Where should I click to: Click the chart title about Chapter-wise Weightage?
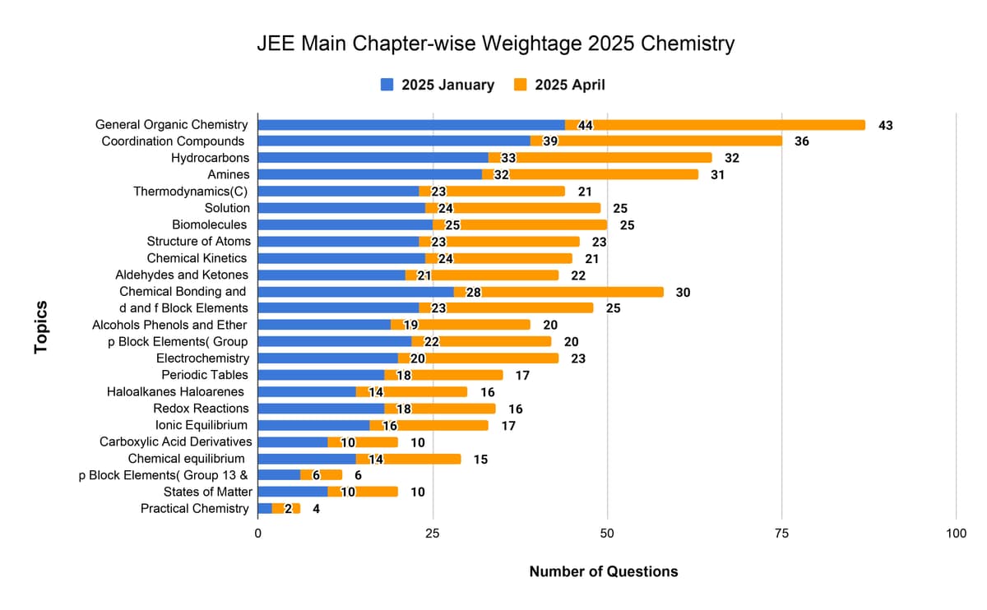[496, 44]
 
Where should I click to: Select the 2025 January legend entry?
[438, 85]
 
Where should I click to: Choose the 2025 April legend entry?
[559, 85]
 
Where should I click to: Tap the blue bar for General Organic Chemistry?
[411, 125]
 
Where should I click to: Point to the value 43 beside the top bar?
[886, 126]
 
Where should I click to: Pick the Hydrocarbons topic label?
[211, 158]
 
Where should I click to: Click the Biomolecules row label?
[209, 224]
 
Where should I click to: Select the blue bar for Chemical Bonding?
[355, 292]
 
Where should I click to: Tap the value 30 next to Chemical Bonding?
[683, 292]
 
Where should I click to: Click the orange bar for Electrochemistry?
[493, 358]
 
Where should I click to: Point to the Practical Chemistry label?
[194, 509]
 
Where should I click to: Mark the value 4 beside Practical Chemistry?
[316, 509]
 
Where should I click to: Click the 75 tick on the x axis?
[781, 534]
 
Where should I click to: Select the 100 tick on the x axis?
[956, 534]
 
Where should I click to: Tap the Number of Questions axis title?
[604, 571]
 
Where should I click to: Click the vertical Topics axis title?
[40, 328]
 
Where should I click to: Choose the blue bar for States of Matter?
[293, 492]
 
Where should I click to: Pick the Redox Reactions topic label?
[201, 409]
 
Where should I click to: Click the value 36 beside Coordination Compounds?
[802, 141]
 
